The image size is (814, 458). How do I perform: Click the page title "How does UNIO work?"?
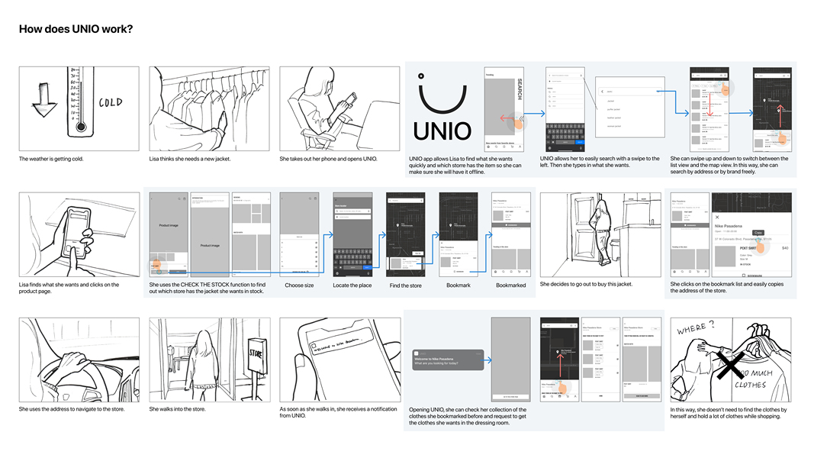click(76, 29)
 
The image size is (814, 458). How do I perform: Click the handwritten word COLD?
click(110, 102)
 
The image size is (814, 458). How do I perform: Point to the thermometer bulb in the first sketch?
click(81, 127)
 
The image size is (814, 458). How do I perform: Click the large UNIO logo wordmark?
click(442, 131)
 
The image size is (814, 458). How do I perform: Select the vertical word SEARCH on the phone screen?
click(520, 89)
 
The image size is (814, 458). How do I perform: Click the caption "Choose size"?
click(299, 285)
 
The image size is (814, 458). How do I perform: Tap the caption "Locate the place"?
click(352, 285)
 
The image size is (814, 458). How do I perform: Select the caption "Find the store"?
click(405, 285)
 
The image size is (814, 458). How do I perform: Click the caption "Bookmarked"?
click(510, 285)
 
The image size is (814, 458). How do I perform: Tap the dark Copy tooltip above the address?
click(758, 233)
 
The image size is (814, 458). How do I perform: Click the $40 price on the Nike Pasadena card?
click(785, 248)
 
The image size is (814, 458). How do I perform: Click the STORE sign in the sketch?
click(256, 353)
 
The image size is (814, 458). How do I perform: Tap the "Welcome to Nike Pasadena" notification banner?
click(448, 360)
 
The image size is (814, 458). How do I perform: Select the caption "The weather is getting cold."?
click(51, 159)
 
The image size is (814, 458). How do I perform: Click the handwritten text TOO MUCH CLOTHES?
click(755, 379)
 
